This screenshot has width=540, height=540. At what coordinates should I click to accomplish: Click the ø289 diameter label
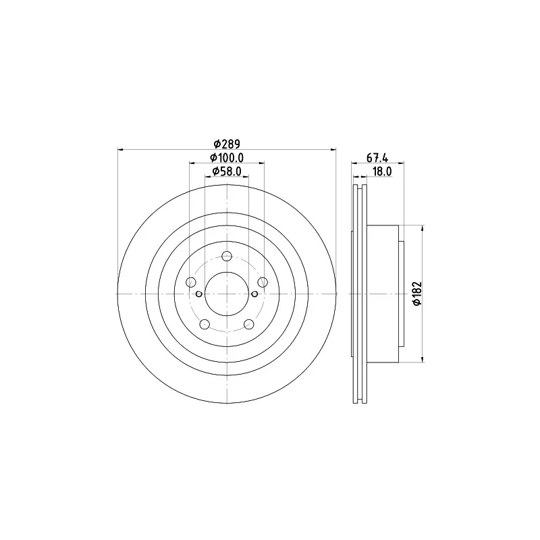pos(227,144)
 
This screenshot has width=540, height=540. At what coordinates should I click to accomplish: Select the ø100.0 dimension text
pos(227,158)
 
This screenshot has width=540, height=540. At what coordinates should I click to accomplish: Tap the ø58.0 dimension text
pos(227,171)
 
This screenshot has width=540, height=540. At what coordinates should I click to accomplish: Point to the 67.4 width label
pos(377,158)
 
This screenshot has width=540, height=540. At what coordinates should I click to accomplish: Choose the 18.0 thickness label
pos(382,171)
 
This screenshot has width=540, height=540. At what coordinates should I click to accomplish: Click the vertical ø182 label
pos(417,294)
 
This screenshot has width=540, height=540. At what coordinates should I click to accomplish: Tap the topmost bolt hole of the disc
pos(227,256)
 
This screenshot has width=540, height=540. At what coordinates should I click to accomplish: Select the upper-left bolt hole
pos(191,282)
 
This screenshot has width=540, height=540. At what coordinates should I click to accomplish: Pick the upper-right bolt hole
pos(263,282)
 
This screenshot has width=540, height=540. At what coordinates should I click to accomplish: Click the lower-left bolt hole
pos(205,324)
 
